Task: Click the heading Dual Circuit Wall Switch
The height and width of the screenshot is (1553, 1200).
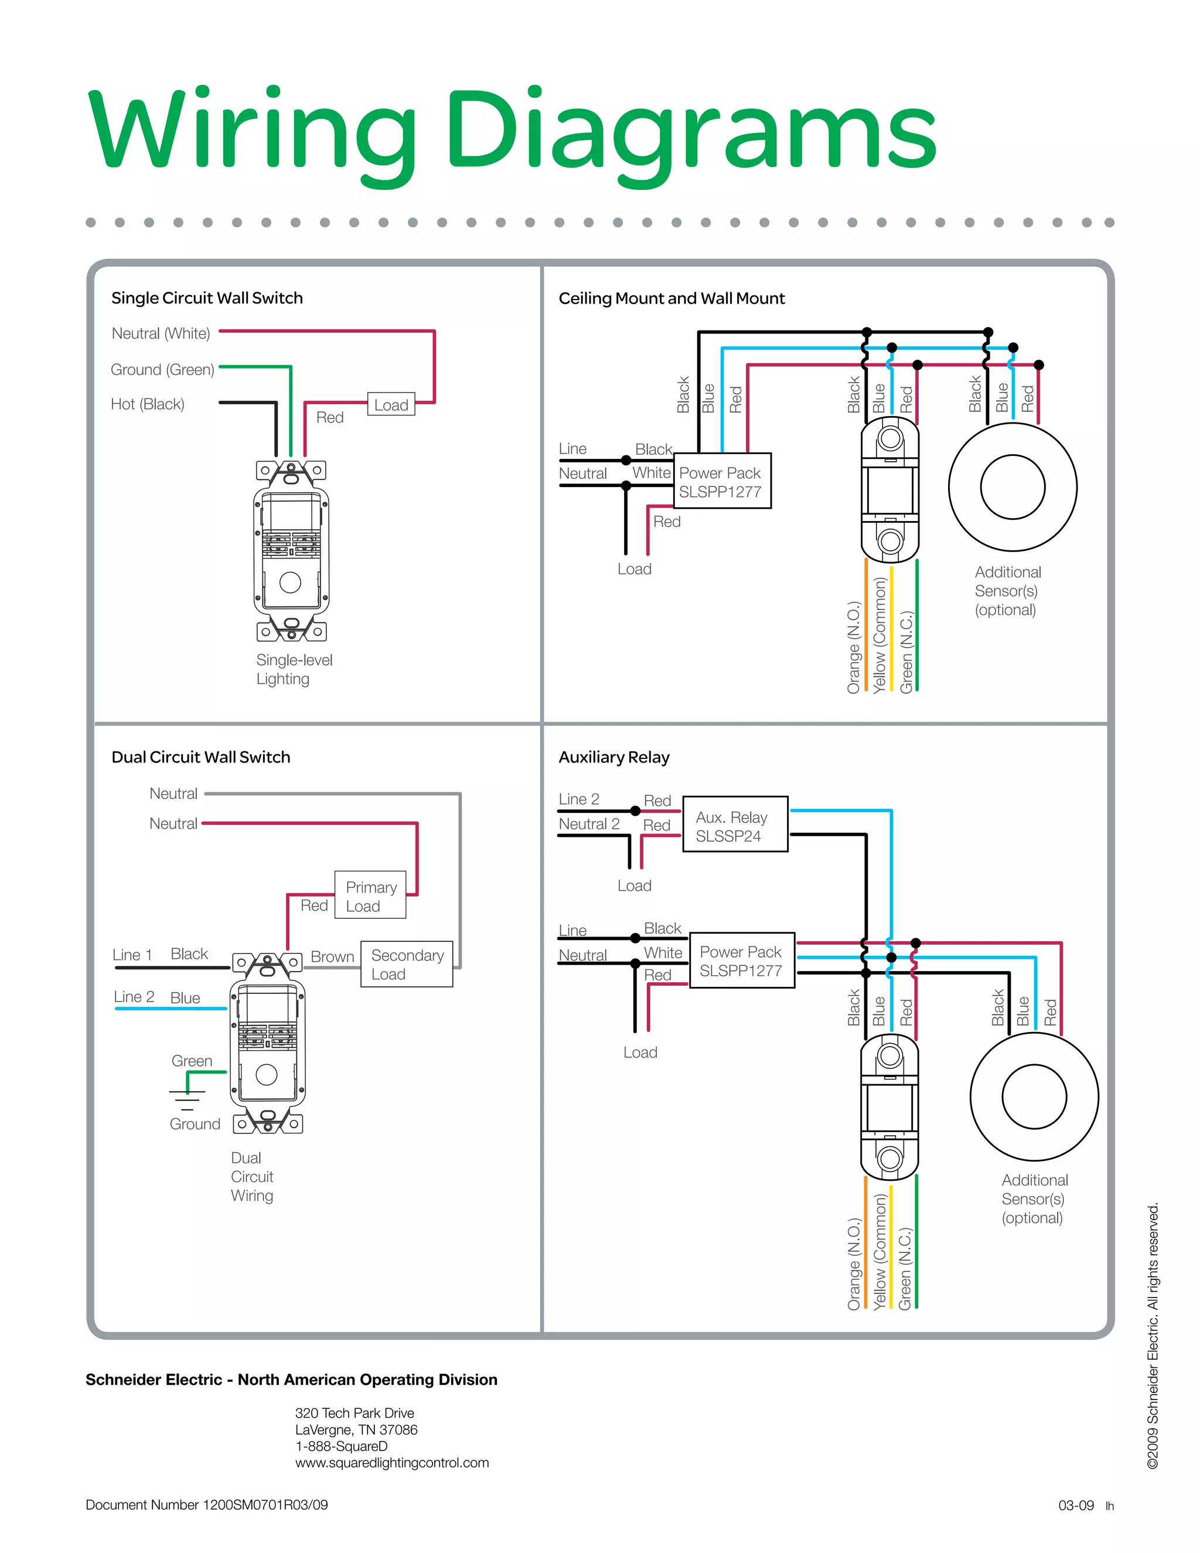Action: pyautogui.click(x=200, y=757)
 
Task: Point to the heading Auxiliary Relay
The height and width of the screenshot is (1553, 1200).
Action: pyautogui.click(x=614, y=758)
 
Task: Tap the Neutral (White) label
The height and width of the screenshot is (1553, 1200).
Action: pyautogui.click(x=161, y=333)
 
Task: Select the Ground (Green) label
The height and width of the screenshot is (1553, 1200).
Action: pyautogui.click(x=162, y=370)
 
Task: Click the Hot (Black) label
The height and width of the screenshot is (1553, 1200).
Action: pyautogui.click(x=147, y=404)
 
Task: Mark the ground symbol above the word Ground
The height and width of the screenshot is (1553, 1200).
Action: pyautogui.click(x=187, y=1100)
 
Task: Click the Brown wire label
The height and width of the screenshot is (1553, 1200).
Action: pyautogui.click(x=332, y=957)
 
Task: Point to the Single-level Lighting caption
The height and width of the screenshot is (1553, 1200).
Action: pyautogui.click(x=294, y=669)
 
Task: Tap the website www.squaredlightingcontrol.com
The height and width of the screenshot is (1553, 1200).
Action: pyautogui.click(x=392, y=1463)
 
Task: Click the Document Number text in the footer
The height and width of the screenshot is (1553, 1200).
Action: pyautogui.click(x=206, y=1504)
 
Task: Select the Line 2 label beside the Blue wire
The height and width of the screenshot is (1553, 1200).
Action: pyautogui.click(x=134, y=997)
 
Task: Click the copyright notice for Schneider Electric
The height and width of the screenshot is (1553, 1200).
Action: pyautogui.click(x=1153, y=1336)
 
